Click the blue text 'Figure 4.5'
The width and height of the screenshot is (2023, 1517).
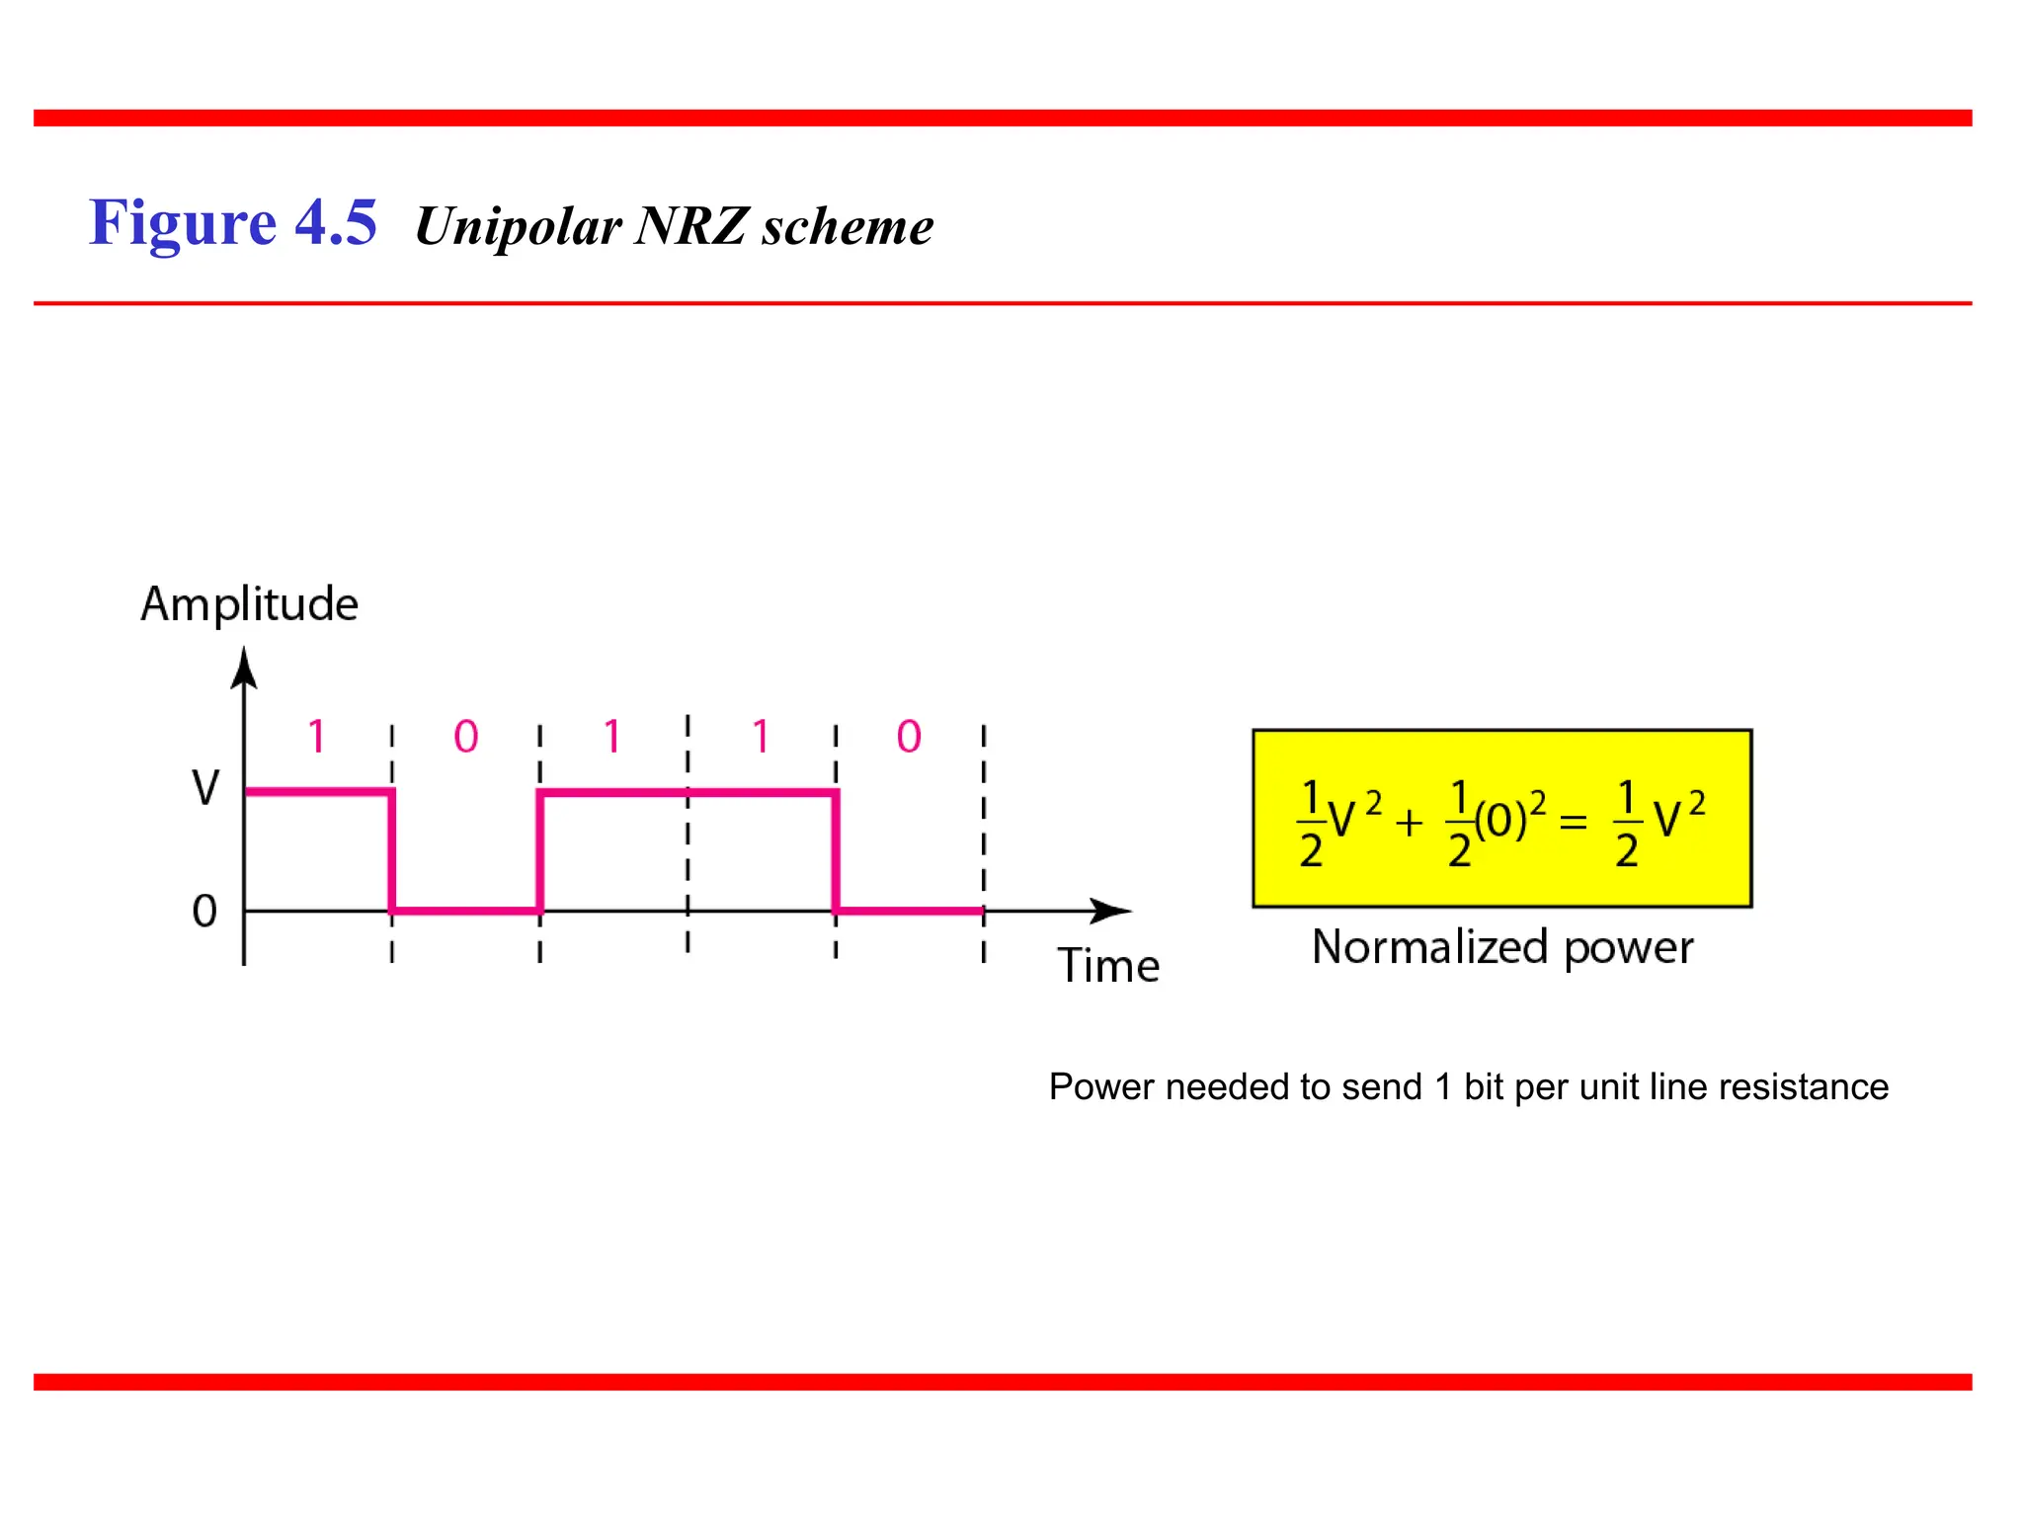(233, 222)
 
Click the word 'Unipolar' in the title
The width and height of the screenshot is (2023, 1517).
(518, 226)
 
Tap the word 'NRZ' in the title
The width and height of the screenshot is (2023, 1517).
(689, 226)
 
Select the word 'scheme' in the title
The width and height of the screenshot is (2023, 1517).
(848, 226)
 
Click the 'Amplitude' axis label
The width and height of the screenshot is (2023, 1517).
(249, 603)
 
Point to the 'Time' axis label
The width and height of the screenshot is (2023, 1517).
(1108, 965)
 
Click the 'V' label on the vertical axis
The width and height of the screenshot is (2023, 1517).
(205, 788)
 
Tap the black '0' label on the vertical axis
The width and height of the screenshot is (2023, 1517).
(204, 911)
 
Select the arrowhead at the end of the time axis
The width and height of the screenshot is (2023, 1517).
(1112, 911)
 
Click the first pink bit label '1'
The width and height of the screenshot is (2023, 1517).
(316, 737)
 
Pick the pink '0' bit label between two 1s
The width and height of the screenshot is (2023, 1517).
(466, 737)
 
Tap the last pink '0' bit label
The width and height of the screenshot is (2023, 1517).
(909, 737)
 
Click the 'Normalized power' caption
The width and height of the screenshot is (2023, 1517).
(1502, 947)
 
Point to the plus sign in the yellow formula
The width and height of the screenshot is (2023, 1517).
(1410, 822)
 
